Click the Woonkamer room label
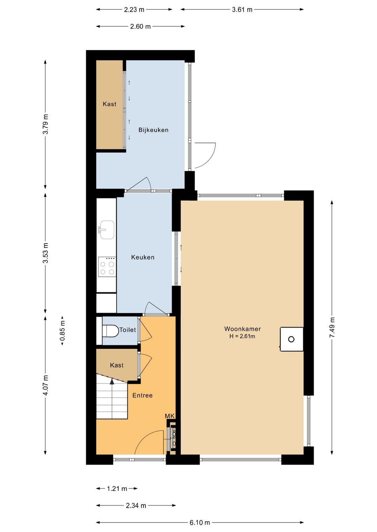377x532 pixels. pos(242,329)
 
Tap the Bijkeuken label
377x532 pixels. pos(153,130)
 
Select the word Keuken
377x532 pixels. pos(143,257)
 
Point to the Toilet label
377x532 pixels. pos(128,330)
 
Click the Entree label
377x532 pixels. pos(142,395)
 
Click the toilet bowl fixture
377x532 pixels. pos(111,331)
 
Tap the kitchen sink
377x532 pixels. pos(107,229)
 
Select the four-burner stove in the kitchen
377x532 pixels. pos(107,267)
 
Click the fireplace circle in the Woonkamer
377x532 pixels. pos(291,339)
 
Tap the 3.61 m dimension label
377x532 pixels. pos(242,9)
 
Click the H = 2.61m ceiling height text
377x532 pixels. pos(242,336)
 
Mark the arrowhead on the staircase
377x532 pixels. pos(112,381)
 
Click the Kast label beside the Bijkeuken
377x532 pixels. pos(110,104)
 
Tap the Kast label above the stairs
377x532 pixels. pos(117,365)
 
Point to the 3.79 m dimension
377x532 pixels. pos(45,124)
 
